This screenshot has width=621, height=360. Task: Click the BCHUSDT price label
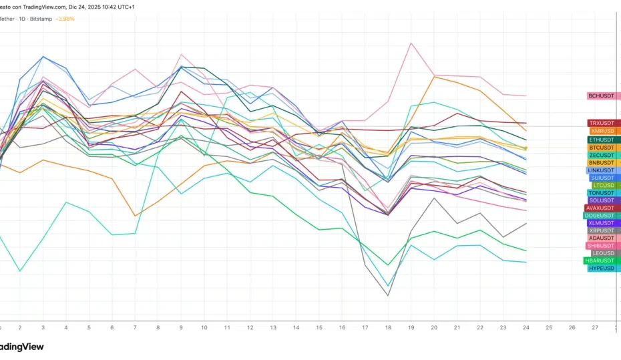601,96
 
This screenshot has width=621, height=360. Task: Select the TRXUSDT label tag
602,124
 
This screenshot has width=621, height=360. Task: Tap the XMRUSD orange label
603,132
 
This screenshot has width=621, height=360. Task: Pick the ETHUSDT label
602,140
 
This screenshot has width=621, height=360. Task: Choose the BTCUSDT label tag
602,148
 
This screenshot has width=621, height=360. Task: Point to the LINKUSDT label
601,170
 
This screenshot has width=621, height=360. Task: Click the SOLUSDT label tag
602,200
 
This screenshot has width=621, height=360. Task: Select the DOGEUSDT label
599,216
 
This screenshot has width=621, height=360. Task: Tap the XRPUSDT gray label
602,230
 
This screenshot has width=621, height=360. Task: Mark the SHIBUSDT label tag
600,246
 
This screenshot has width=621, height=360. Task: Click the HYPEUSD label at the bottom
602,268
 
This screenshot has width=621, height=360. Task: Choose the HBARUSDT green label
599,260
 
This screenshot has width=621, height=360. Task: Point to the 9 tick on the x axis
181,328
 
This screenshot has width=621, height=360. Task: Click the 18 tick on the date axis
388,328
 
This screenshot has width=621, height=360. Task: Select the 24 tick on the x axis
526,328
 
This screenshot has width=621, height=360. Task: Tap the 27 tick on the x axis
595,328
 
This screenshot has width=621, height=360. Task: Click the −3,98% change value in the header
64,19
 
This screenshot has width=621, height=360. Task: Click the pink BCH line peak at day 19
411,43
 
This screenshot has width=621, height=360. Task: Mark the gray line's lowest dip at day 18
388,295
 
